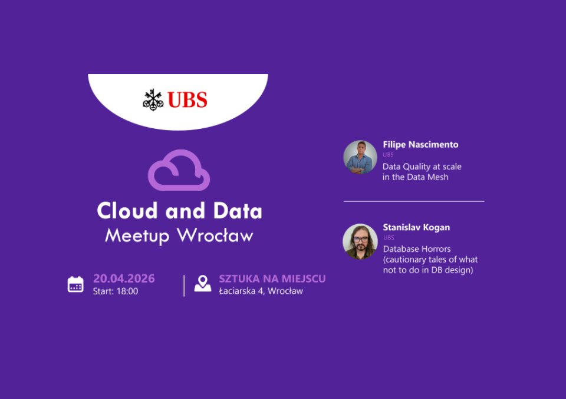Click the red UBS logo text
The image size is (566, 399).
coord(187,100)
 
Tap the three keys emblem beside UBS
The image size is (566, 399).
coord(153,100)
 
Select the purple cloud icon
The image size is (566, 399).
coord(179,170)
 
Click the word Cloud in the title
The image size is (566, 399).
coord(127,211)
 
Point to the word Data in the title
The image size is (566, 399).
coord(238,211)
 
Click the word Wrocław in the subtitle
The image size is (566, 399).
coord(215,235)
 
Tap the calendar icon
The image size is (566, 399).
coord(75,284)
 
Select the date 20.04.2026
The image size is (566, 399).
coord(124,278)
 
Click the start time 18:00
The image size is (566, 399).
coord(127,291)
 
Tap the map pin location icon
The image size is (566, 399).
coord(202,283)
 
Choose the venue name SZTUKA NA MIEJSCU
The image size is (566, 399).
coord(272,278)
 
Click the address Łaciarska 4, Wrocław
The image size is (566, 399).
coord(261,291)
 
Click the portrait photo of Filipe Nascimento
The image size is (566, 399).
coord(360,157)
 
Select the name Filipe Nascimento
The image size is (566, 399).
coord(420,145)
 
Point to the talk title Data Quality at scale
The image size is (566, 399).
coord(422,167)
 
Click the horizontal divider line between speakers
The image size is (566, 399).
coord(414,201)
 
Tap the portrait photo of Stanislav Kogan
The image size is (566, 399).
coord(360,241)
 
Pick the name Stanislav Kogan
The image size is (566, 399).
coord(416,227)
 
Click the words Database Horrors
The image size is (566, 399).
coord(417,249)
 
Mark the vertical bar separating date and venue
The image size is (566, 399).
coord(184,286)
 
